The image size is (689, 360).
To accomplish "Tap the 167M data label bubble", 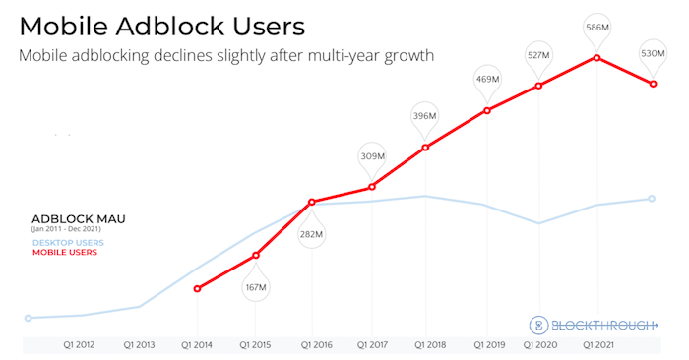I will click(x=256, y=287).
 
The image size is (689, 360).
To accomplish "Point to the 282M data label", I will click(x=312, y=234).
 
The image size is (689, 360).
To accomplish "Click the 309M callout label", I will click(x=372, y=155).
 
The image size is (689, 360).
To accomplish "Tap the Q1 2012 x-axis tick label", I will click(x=80, y=345).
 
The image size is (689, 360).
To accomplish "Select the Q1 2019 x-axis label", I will click(x=488, y=345).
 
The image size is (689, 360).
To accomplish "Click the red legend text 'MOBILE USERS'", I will click(x=65, y=253).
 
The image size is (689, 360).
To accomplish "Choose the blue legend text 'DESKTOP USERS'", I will click(x=68, y=242).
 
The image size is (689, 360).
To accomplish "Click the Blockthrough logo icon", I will click(x=538, y=325).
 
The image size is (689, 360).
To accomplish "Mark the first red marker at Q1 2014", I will click(x=198, y=289).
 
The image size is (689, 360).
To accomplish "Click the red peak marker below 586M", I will click(x=597, y=57).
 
